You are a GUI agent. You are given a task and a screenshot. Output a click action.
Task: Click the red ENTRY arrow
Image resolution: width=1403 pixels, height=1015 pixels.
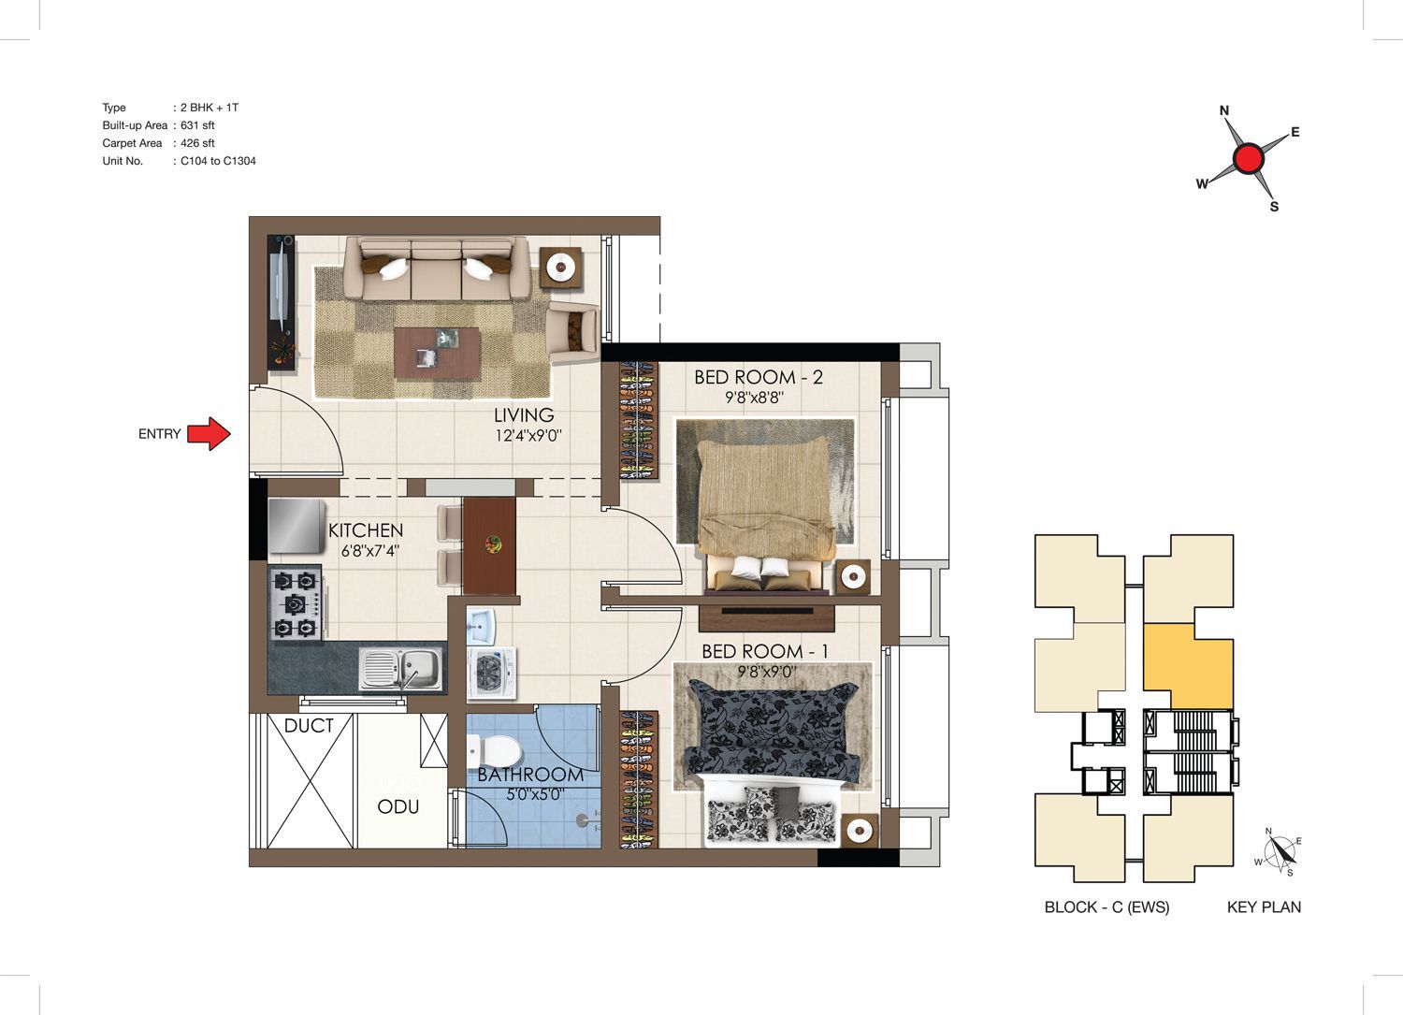tap(210, 433)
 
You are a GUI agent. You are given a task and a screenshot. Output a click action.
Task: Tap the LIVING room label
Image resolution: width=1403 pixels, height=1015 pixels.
tap(524, 414)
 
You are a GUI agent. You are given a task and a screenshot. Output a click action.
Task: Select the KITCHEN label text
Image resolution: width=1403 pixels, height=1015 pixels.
tap(366, 530)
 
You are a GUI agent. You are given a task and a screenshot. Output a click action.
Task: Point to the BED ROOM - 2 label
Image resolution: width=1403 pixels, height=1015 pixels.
tap(759, 377)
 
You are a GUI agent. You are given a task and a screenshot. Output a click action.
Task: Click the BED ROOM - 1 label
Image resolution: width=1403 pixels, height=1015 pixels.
tap(765, 652)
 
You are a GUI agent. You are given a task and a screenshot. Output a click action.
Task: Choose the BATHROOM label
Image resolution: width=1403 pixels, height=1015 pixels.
tap(530, 775)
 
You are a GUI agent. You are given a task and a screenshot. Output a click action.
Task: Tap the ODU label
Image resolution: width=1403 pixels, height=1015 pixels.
tap(398, 807)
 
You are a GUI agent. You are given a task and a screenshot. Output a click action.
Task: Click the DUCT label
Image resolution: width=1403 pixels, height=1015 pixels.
tap(308, 726)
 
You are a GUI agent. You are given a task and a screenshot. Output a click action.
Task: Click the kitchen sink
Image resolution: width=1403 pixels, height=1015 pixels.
tap(400, 669)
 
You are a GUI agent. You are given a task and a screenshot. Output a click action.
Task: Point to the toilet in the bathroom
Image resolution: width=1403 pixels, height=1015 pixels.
tap(496, 750)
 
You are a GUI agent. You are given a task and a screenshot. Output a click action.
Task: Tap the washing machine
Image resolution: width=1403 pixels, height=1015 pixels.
tap(492, 673)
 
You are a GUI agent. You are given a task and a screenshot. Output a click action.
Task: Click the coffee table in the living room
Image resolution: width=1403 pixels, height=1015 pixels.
tap(437, 353)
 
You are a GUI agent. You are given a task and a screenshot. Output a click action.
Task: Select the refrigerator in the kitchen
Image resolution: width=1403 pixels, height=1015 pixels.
tap(297, 527)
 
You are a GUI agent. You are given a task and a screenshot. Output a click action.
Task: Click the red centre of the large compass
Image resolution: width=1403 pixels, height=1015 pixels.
tap(1249, 158)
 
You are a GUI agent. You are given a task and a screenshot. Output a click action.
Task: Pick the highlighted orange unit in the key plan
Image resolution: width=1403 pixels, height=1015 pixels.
tap(1189, 666)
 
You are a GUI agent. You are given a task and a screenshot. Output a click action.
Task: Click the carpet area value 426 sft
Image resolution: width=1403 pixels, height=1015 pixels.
tap(197, 143)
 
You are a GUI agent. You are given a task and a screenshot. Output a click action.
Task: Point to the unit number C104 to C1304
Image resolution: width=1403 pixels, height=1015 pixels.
tap(218, 161)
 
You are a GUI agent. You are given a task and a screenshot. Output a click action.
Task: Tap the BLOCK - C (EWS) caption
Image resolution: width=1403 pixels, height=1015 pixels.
tap(1106, 907)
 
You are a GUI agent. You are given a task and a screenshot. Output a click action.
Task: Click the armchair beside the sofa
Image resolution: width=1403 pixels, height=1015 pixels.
tap(572, 333)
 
